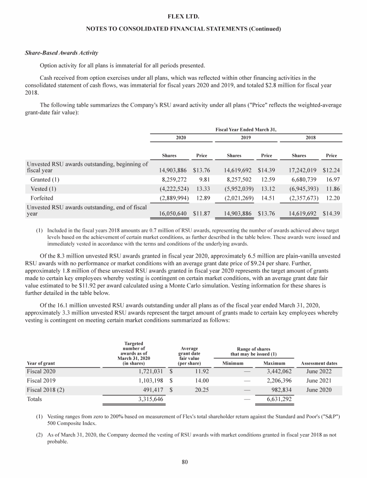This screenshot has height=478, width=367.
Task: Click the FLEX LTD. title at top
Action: click(x=183, y=17)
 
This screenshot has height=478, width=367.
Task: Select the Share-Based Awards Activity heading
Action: click(x=55, y=53)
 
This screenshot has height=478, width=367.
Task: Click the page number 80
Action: click(x=183, y=462)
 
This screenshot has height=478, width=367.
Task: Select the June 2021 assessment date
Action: click(x=319, y=380)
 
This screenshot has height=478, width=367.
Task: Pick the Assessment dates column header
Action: click(x=319, y=363)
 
